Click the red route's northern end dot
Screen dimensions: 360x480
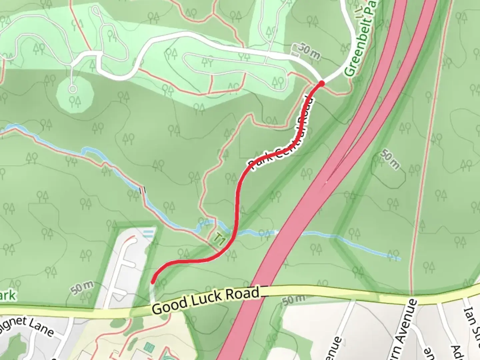click(321, 83)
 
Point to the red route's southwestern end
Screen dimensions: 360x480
click(153, 282)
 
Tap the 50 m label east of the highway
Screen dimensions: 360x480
click(390, 160)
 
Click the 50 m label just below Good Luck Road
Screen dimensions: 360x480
click(293, 300)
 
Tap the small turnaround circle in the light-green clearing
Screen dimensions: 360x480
click(72, 89)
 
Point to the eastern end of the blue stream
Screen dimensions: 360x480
click(399, 258)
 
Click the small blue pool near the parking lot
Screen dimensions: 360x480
click(149, 232)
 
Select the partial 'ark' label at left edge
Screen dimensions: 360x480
click(7, 295)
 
